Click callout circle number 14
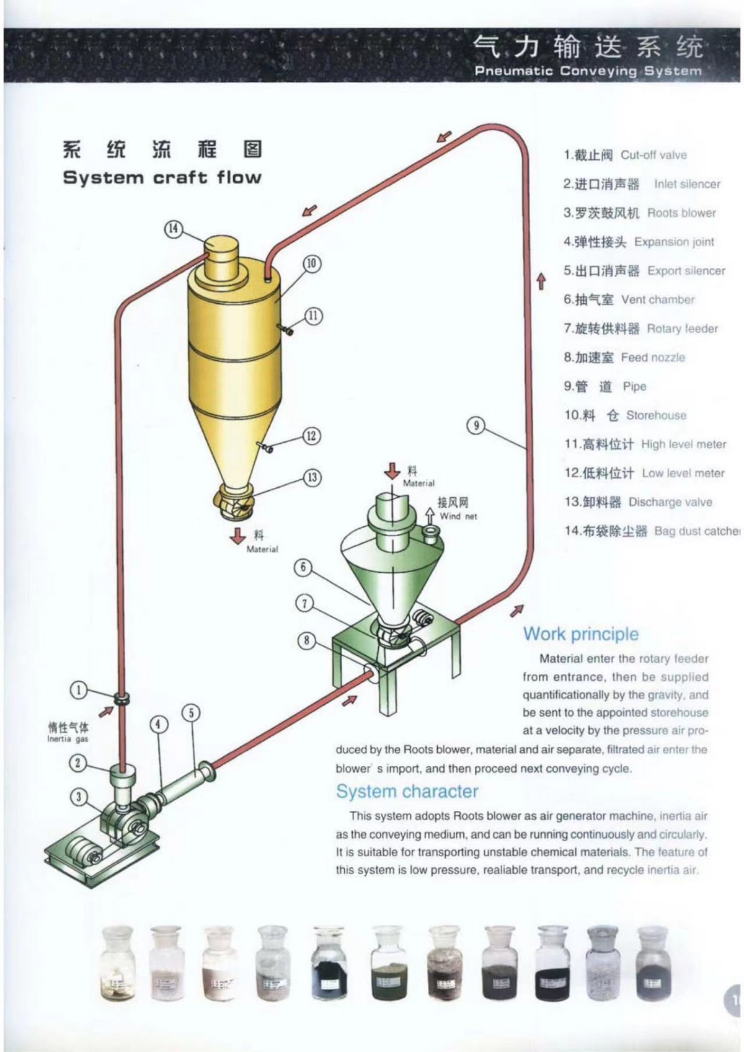click(174, 229)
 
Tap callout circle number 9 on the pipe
click(476, 425)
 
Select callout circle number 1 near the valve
click(78, 690)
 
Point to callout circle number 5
click(191, 713)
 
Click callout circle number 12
click(312, 436)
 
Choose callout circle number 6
click(303, 567)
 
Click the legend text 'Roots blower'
click(681, 213)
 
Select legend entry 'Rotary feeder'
click(682, 329)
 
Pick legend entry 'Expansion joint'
click(673, 242)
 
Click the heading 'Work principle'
click(580, 634)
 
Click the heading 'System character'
click(407, 792)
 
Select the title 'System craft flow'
click(162, 178)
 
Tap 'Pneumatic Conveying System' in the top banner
click(588, 71)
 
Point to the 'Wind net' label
click(458, 516)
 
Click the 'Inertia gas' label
click(68, 739)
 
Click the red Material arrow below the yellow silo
click(238, 536)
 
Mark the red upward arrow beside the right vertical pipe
click(541, 281)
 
